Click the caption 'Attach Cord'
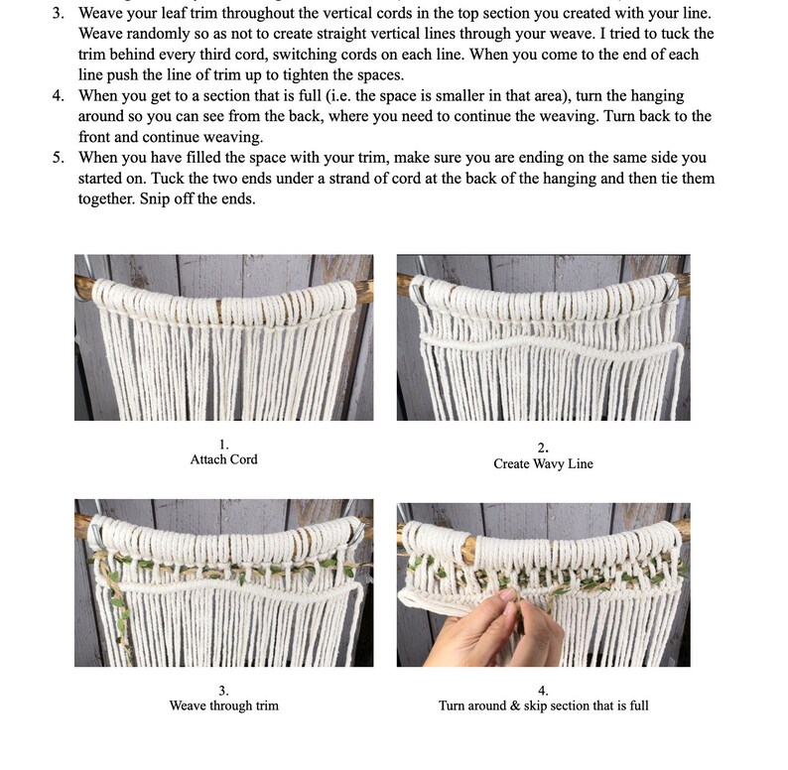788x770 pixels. point(223,459)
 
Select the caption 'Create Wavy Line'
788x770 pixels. point(543,463)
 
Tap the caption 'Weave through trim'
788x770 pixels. point(223,706)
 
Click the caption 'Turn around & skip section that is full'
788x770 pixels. point(543,706)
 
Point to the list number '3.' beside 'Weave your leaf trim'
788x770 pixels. point(59,15)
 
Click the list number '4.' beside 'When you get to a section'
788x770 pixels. point(59,96)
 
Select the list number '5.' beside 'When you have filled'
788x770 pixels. point(59,158)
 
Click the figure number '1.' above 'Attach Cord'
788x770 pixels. point(223,445)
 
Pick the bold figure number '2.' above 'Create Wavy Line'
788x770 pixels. point(543,448)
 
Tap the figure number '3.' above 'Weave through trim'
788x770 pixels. point(223,691)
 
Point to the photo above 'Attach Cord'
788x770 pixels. point(223,337)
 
